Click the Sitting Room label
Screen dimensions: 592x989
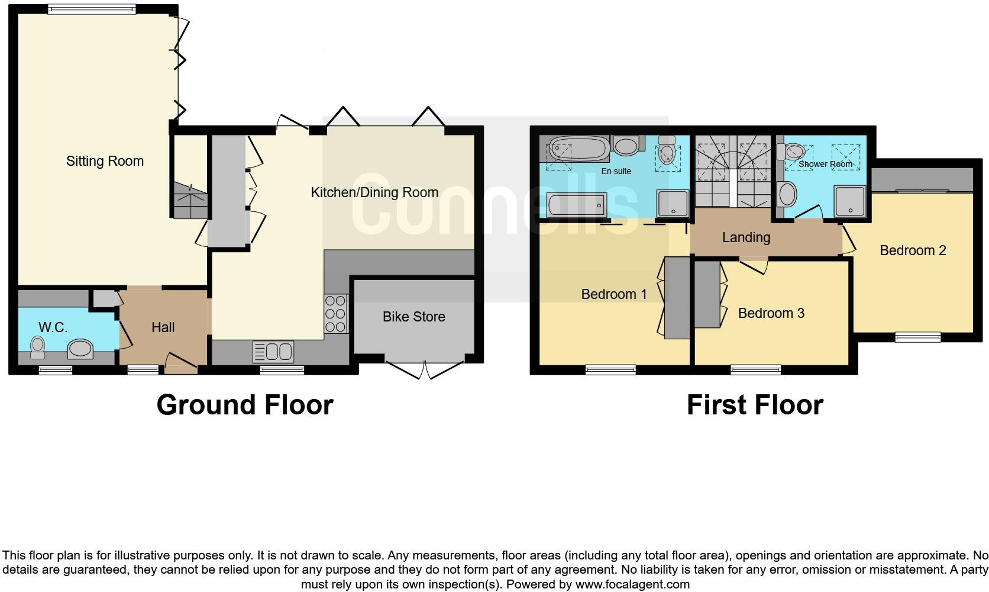(105, 161)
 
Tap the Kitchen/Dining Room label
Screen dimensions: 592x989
(374, 192)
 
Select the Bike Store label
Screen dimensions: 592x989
(413, 317)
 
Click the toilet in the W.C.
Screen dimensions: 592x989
(37, 347)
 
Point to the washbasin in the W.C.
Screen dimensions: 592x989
(80, 349)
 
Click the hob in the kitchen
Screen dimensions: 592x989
(335, 314)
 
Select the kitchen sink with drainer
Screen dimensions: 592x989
(273, 352)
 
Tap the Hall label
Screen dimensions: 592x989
(163, 327)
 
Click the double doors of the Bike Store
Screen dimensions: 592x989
(425, 370)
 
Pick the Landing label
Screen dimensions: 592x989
(746, 237)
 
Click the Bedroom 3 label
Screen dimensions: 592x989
(771, 313)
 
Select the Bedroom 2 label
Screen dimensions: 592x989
(912, 250)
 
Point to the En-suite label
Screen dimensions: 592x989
(616, 171)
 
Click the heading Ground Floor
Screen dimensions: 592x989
(245, 405)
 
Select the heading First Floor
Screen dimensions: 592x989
(754, 405)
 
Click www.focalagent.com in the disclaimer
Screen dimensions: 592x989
(632, 584)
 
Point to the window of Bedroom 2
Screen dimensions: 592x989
(917, 337)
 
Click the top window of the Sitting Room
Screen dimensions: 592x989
(92, 9)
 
